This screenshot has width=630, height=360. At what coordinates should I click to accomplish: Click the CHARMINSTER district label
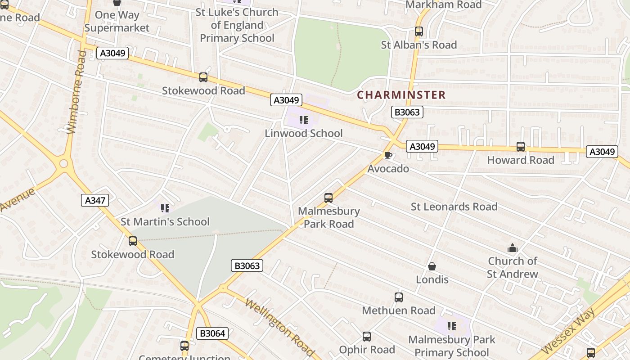tap(401, 95)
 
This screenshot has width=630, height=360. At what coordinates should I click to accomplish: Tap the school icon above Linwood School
tap(304, 120)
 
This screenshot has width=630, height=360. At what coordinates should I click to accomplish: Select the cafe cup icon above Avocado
tap(388, 156)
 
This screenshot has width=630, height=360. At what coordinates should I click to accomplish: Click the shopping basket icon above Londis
tap(432, 266)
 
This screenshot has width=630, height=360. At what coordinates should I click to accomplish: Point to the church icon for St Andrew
tap(513, 248)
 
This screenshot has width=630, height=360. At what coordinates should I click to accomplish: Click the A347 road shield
tap(95, 200)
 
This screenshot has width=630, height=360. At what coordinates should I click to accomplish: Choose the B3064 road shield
tap(212, 333)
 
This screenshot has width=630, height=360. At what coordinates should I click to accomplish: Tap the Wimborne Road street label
tap(76, 92)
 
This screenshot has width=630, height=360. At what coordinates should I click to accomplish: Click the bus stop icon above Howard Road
tap(521, 147)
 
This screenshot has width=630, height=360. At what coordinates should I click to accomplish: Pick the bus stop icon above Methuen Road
tap(399, 297)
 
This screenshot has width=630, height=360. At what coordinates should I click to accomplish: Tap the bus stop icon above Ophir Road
tap(367, 337)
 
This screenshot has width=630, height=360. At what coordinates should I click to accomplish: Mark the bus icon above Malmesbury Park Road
tap(328, 198)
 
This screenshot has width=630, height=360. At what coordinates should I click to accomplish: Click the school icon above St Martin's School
tap(165, 208)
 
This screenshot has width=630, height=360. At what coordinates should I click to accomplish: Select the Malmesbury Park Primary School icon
tap(452, 326)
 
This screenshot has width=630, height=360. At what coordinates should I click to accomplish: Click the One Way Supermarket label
tap(117, 21)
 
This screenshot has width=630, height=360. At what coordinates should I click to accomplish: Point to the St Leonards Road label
tap(454, 207)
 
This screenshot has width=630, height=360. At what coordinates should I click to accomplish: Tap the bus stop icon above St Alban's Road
tap(419, 31)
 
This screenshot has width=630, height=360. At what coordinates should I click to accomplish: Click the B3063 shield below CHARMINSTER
tap(407, 112)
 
